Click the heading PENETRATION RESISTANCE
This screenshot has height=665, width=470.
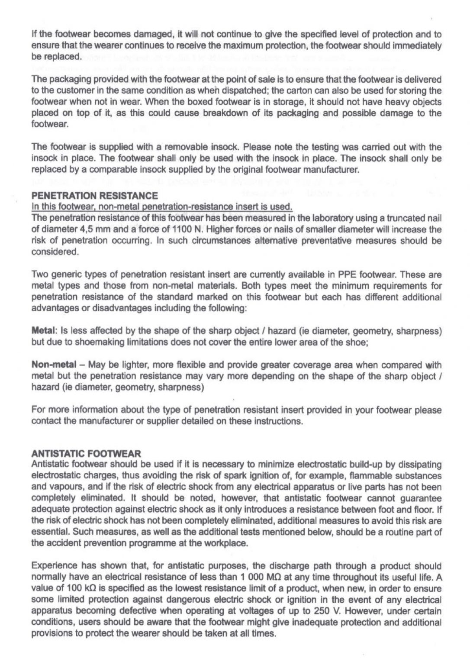click(x=94, y=196)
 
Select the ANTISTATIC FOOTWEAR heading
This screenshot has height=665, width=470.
click(x=86, y=454)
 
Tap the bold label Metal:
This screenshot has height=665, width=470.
click(x=42, y=331)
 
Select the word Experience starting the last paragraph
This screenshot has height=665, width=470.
click(x=51, y=566)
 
